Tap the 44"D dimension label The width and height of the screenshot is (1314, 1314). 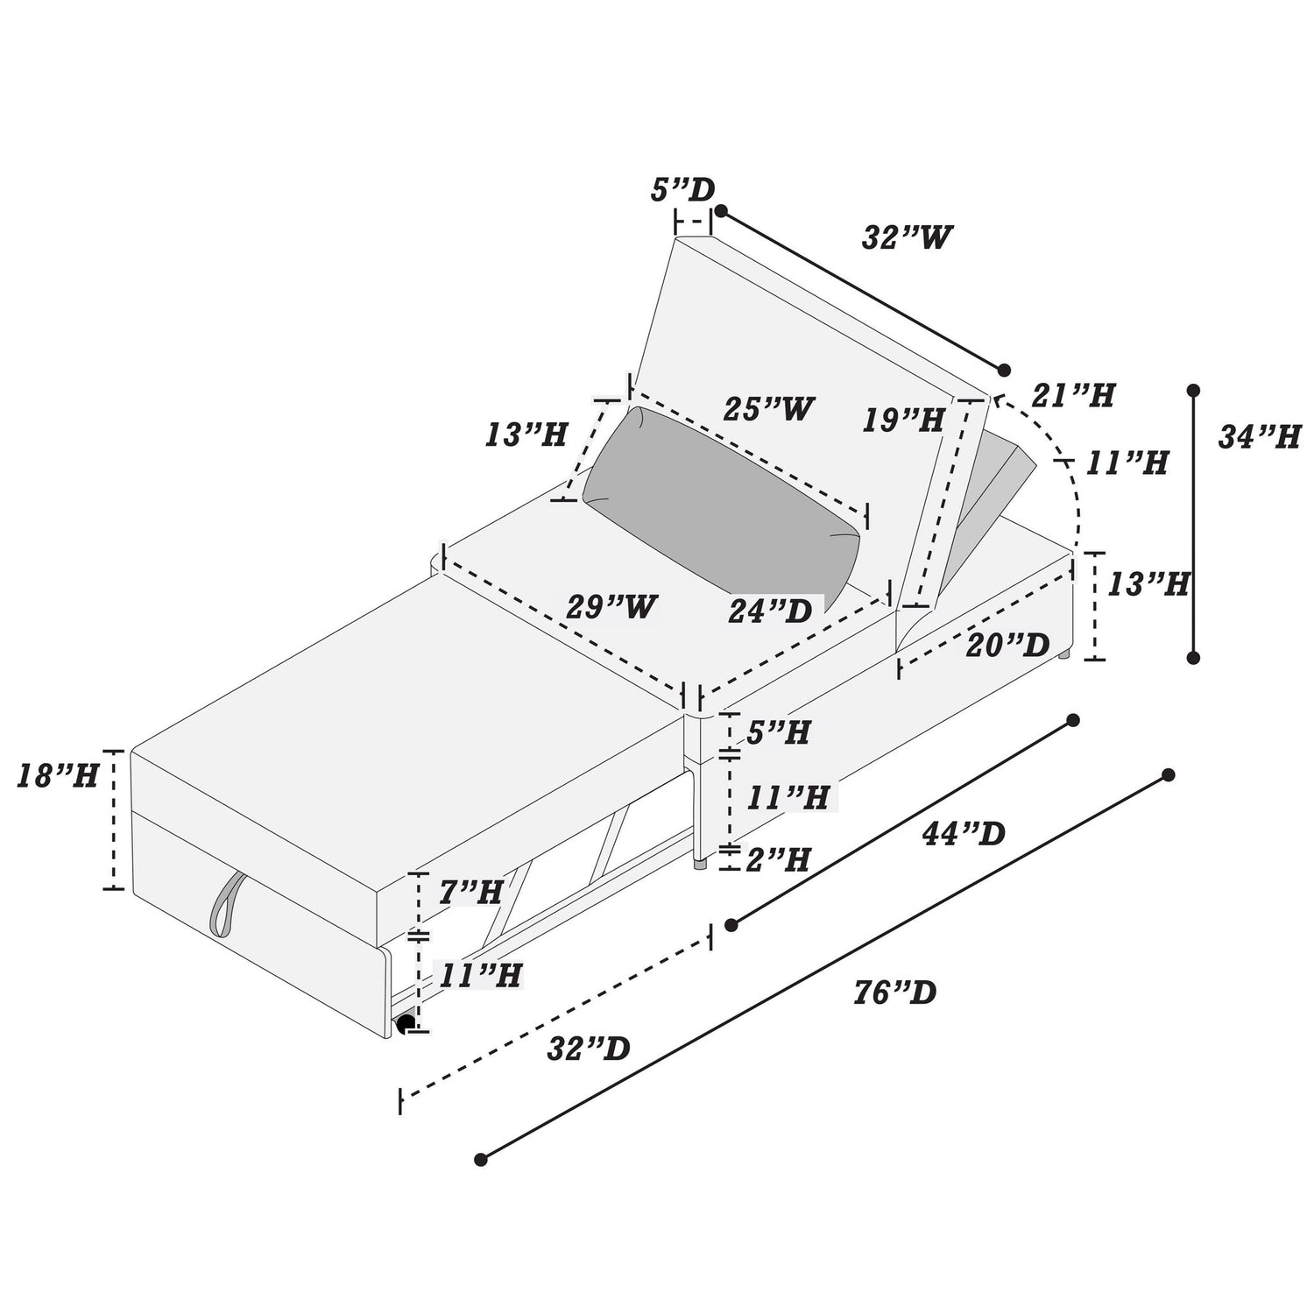pyautogui.click(x=964, y=834)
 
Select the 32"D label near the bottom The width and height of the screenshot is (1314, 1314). pyautogui.click(x=588, y=1049)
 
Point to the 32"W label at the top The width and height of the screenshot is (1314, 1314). pyautogui.click(x=907, y=237)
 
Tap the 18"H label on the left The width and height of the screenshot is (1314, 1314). pyautogui.click(x=58, y=776)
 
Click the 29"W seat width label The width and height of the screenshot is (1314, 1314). pyautogui.click(x=611, y=606)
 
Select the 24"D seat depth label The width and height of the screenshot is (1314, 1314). pyautogui.click(x=771, y=610)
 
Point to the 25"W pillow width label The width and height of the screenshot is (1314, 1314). pyautogui.click(x=769, y=408)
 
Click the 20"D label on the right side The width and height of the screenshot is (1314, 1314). pyautogui.click(x=1008, y=646)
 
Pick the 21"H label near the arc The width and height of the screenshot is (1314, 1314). pyautogui.click(x=1074, y=396)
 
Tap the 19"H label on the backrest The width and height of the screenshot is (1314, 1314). pyautogui.click(x=903, y=420)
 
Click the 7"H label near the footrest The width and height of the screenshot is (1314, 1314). pyautogui.click(x=470, y=893)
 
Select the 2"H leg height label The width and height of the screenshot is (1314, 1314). pyautogui.click(x=777, y=860)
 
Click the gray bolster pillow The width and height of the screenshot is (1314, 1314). pyautogui.click(x=720, y=504)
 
